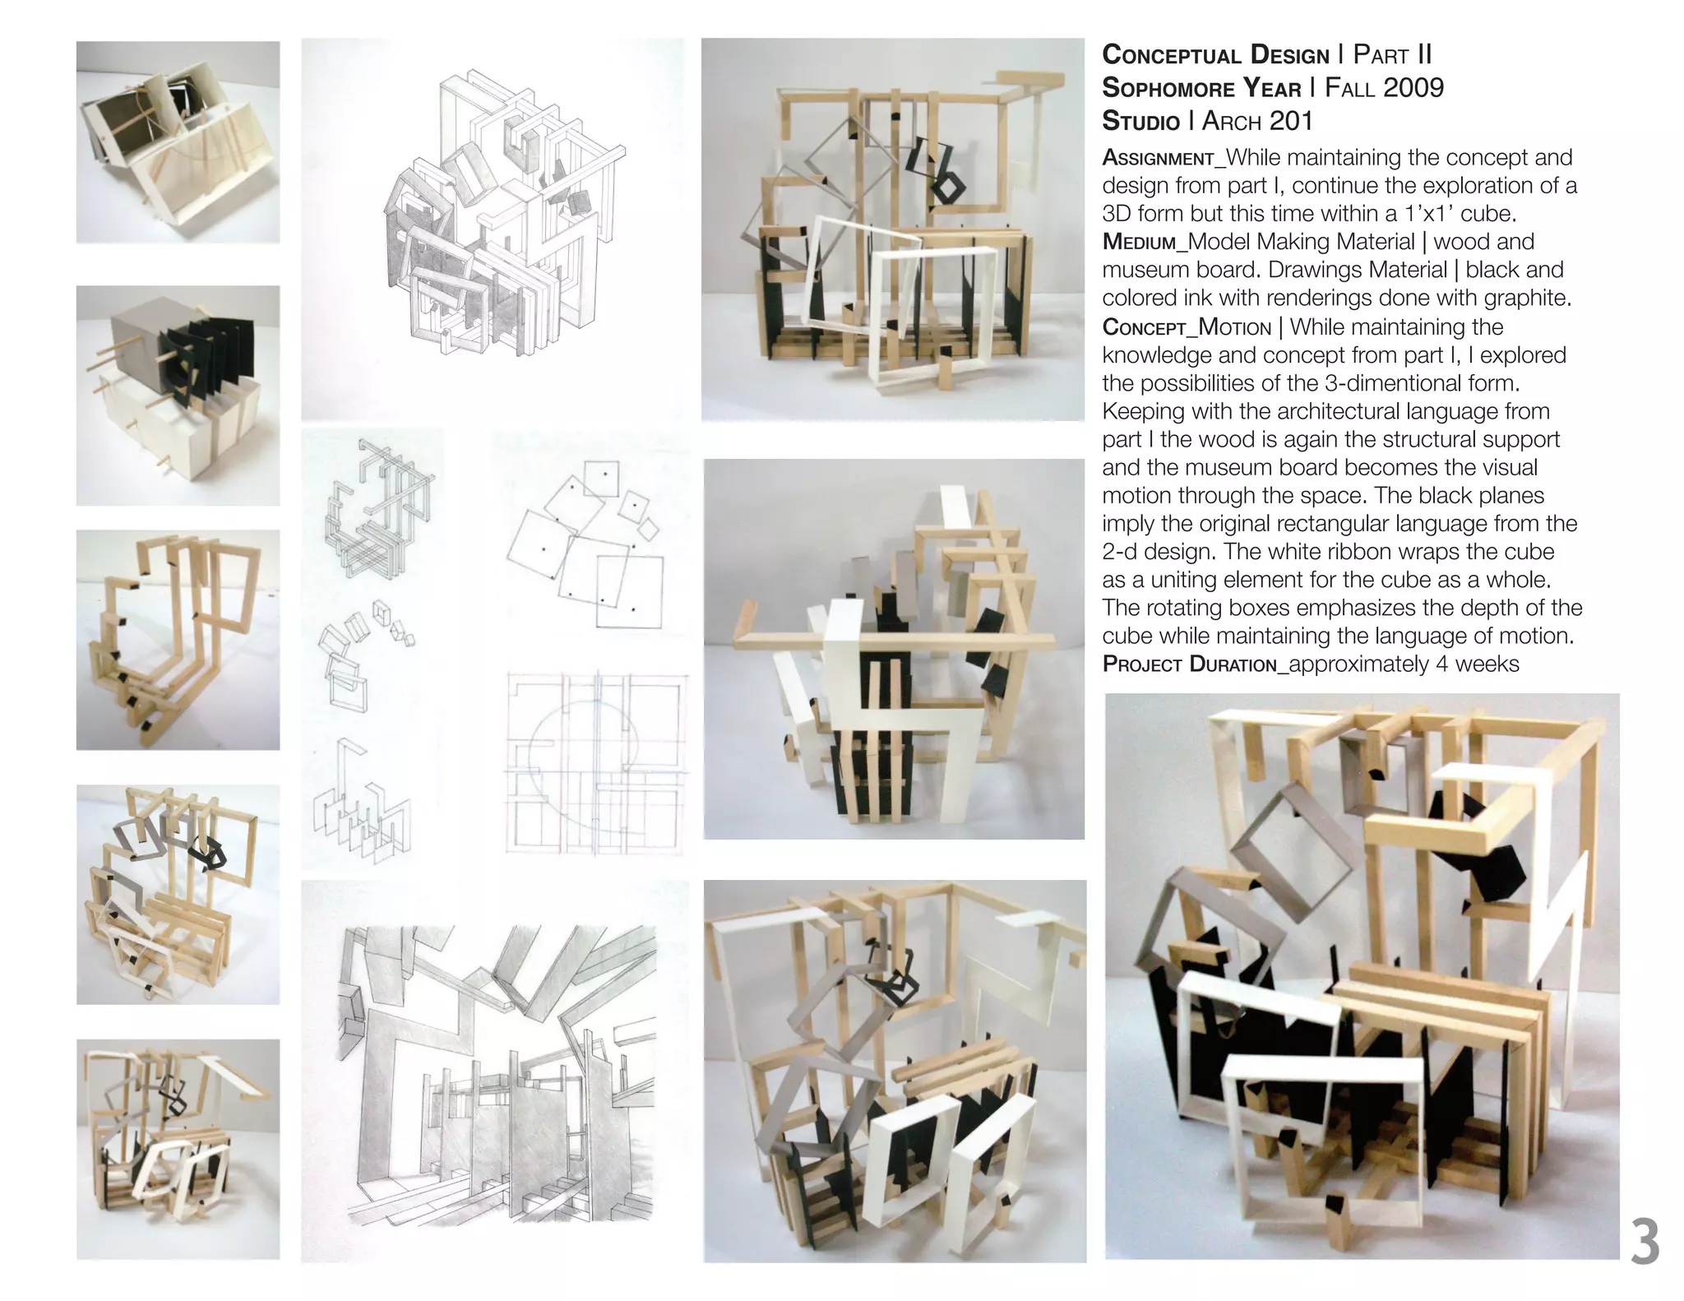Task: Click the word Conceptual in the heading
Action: (x=1171, y=55)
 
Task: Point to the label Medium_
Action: (x=1144, y=242)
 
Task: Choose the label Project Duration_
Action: (x=1194, y=664)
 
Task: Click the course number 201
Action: (x=1290, y=122)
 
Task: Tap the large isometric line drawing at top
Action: (x=493, y=222)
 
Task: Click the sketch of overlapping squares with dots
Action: (x=588, y=543)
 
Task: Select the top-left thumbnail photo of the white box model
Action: (x=178, y=141)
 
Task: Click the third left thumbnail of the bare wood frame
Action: (x=178, y=639)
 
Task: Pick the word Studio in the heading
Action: (x=1140, y=122)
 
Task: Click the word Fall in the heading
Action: (x=1353, y=88)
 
